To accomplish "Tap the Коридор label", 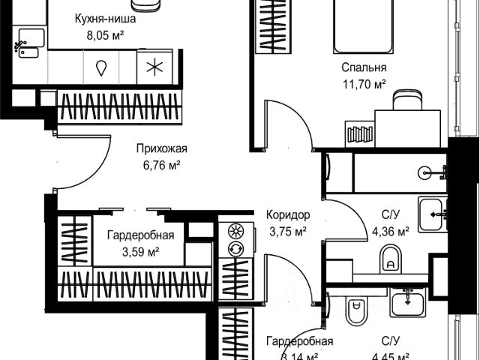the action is point(287,215).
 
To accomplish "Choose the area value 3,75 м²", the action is point(286,232).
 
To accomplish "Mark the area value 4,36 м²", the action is point(391,231).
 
